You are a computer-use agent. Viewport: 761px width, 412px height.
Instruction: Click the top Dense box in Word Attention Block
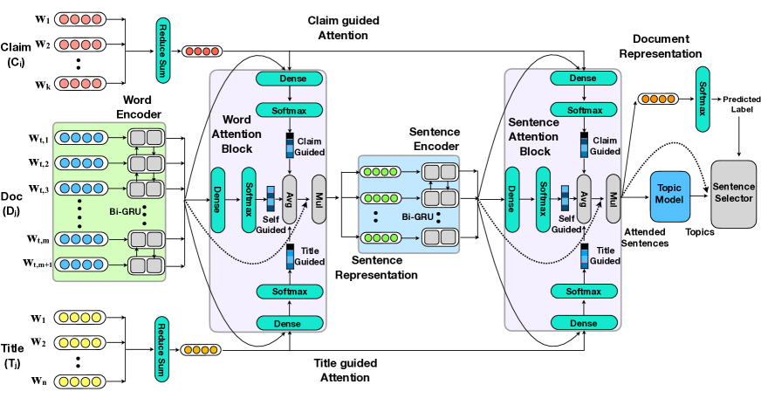pos(289,79)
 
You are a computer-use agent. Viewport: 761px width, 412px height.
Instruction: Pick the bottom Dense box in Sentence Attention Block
pos(583,324)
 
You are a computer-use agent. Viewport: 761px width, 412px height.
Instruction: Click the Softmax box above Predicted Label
pos(703,94)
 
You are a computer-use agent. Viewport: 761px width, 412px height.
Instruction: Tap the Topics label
pos(700,233)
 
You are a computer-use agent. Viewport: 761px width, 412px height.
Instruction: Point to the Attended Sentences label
pos(646,237)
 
